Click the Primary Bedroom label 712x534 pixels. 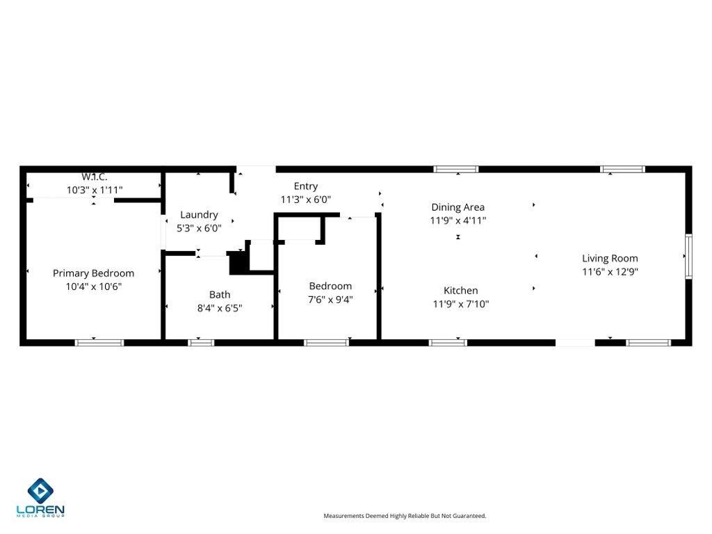click(93, 273)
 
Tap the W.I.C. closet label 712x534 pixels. click(95, 177)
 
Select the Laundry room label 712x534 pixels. click(199, 215)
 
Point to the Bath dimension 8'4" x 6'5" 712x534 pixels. click(220, 307)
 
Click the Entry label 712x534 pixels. click(306, 186)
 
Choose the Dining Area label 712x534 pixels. click(458, 207)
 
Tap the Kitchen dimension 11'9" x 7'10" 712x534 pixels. click(461, 303)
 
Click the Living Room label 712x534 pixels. click(610, 259)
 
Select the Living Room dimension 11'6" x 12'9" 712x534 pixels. click(610, 272)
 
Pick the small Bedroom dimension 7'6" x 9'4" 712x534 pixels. click(330, 299)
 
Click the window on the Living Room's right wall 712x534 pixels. click(688, 256)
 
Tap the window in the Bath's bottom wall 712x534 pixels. click(201, 342)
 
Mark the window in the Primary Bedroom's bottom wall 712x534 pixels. click(99, 342)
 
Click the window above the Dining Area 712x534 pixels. click(456, 169)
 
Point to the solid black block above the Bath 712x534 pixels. click(238, 263)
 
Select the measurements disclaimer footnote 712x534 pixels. click(405, 516)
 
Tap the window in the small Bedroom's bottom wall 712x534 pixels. click(327, 342)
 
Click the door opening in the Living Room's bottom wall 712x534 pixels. click(575, 342)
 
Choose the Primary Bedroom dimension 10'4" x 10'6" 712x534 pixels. click(93, 286)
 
